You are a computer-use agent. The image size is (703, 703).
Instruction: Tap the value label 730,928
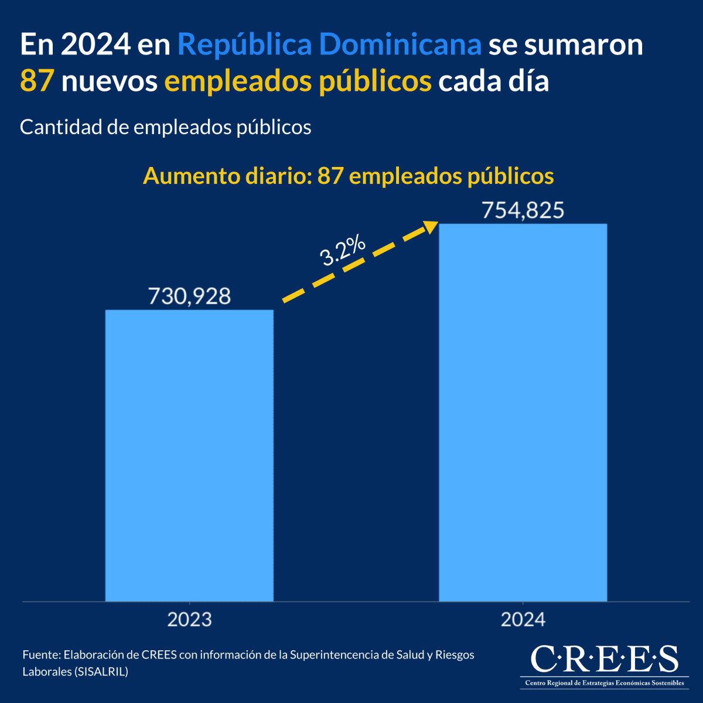(x=189, y=296)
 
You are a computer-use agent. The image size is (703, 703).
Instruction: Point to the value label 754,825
(x=523, y=210)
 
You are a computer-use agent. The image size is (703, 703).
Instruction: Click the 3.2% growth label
(x=343, y=251)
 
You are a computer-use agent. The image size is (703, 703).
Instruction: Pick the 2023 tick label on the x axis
(x=189, y=620)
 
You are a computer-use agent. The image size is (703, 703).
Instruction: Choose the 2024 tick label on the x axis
(x=523, y=620)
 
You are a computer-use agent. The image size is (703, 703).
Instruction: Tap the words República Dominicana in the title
(x=329, y=45)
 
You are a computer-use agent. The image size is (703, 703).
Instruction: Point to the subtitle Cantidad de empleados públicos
(x=165, y=127)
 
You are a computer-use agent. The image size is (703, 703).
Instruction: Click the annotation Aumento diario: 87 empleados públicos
(x=348, y=176)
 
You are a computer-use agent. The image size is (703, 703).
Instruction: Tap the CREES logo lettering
(x=604, y=660)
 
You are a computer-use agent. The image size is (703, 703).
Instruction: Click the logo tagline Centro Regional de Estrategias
(x=604, y=683)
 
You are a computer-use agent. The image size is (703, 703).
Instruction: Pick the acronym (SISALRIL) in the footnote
(x=101, y=671)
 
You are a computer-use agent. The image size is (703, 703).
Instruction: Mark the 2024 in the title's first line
(x=95, y=45)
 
